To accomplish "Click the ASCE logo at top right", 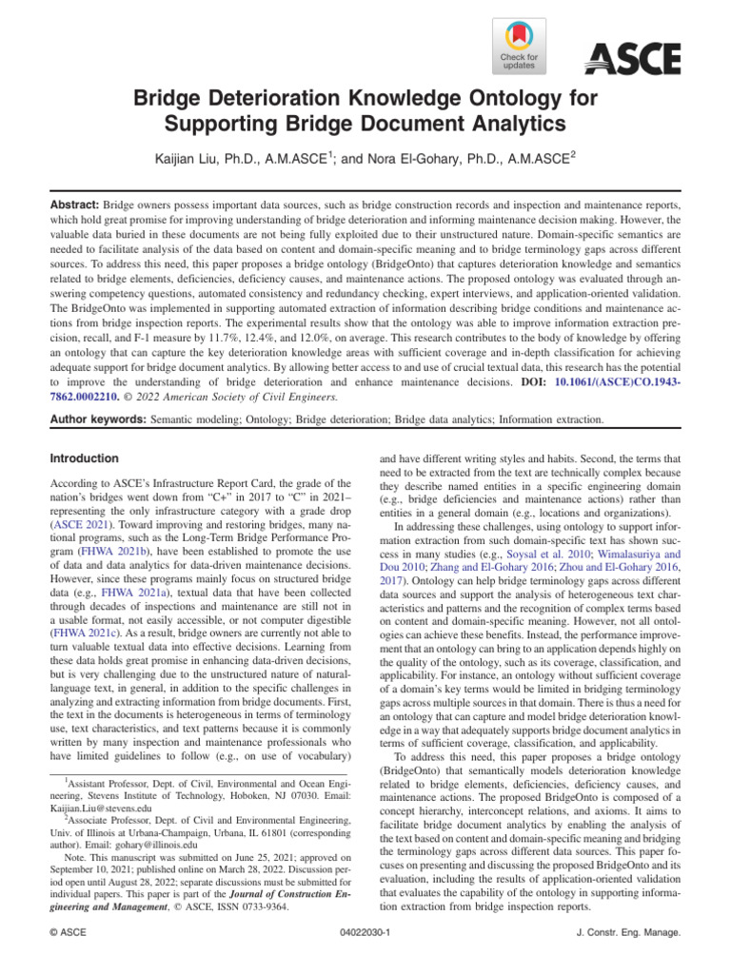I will (631, 59).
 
